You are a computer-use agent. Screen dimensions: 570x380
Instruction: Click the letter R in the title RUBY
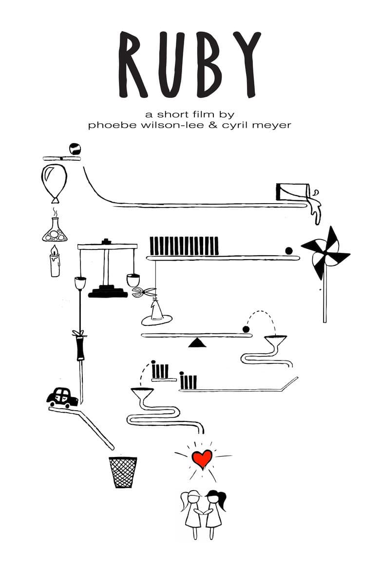133,64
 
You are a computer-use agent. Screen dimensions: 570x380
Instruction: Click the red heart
202,458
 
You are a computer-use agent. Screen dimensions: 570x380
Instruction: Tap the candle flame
54,251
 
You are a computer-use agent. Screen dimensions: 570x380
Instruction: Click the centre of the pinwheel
325,252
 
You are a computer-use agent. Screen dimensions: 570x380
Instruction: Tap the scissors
144,292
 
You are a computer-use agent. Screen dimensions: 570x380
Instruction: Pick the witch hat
156,313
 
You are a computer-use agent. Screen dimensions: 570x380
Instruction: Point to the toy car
62,398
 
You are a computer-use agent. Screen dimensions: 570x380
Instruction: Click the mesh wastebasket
123,472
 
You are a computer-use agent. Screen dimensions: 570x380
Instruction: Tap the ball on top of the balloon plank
75,149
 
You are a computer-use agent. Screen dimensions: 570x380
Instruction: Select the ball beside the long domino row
289,251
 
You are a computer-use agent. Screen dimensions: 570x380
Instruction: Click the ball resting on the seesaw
246,329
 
